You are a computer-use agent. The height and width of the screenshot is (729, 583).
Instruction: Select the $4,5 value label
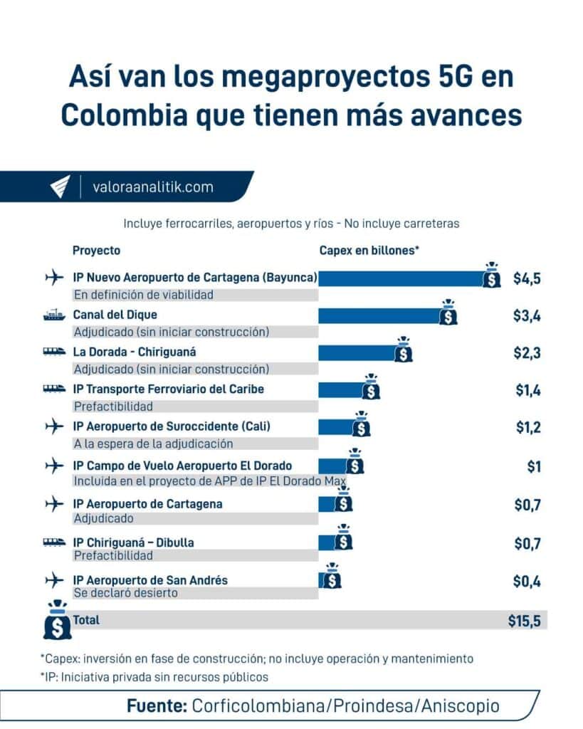pyautogui.click(x=527, y=278)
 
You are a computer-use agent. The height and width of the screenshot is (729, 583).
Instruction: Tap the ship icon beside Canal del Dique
pyautogui.click(x=53, y=315)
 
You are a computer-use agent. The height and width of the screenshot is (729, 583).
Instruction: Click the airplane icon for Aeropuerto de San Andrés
pyautogui.click(x=53, y=580)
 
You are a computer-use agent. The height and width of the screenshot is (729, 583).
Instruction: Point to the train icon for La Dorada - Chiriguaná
pyautogui.click(x=53, y=352)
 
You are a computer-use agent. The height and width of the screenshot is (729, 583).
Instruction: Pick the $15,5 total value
pyautogui.click(x=524, y=620)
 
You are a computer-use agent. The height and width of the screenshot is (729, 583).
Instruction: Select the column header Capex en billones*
pyautogui.click(x=368, y=251)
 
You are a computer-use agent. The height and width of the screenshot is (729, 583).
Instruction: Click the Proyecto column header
pyautogui.click(x=96, y=251)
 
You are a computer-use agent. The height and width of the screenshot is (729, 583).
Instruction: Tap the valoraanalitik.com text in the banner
pyautogui.click(x=152, y=187)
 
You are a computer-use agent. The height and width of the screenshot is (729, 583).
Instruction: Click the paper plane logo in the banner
pyautogui.click(x=60, y=187)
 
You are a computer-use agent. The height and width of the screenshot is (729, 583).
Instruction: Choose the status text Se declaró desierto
pyautogui.click(x=125, y=592)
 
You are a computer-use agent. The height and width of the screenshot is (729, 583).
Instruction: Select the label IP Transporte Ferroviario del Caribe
pyautogui.click(x=168, y=389)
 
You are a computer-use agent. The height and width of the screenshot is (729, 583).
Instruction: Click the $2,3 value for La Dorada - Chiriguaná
pyautogui.click(x=527, y=352)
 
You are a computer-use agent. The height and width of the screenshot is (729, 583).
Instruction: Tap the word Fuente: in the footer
pyautogui.click(x=157, y=706)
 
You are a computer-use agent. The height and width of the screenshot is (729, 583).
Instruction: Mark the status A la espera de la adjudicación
pyautogui.click(x=153, y=444)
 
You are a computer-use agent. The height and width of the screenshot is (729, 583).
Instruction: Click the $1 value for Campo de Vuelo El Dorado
pyautogui.click(x=533, y=466)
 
